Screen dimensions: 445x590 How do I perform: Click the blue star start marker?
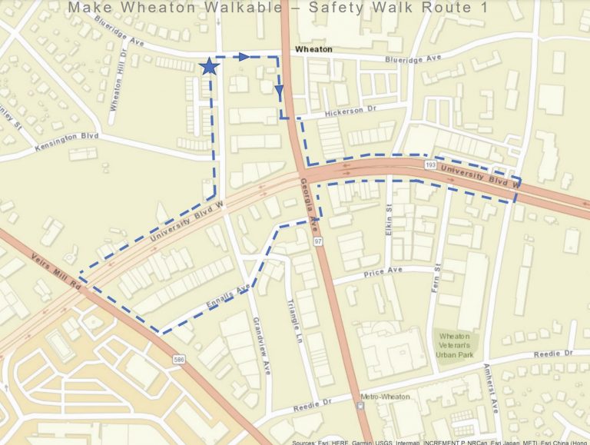(x=209, y=67)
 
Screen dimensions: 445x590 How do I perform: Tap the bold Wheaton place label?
(x=313, y=49)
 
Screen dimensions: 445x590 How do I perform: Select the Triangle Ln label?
(x=295, y=323)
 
